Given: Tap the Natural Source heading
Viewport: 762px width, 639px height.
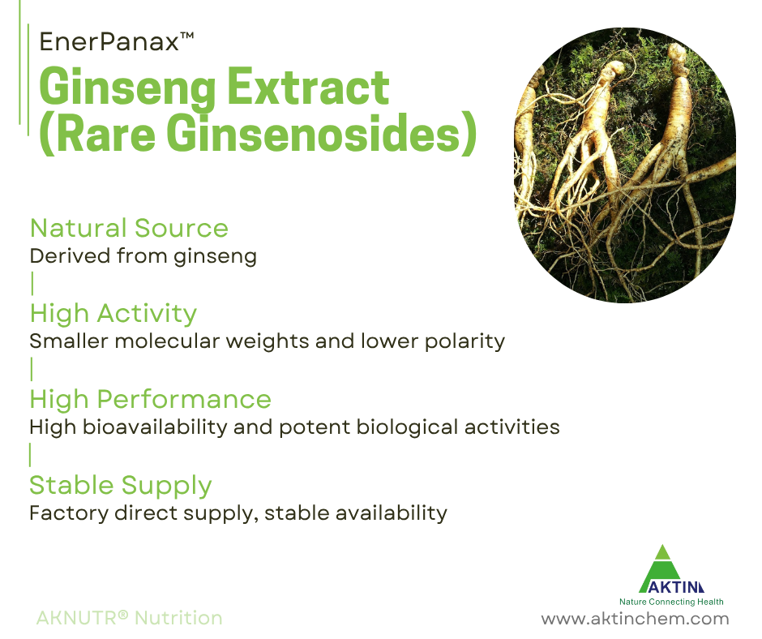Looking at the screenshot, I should coord(129,229).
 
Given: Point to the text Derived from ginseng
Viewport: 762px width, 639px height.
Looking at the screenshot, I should coord(143,257).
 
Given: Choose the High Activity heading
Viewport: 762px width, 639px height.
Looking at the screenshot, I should coord(113,313).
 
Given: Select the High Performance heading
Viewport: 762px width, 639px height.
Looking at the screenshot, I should coord(150,399).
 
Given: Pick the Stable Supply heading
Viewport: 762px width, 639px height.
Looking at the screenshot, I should coord(121,485).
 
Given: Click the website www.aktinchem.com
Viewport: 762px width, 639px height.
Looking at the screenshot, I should coord(635,619).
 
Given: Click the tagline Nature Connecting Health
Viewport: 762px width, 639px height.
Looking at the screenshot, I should coord(671,602).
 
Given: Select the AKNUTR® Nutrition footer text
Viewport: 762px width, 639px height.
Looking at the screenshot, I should coord(129,618).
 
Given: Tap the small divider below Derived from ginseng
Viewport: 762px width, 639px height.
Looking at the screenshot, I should coord(32,284).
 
